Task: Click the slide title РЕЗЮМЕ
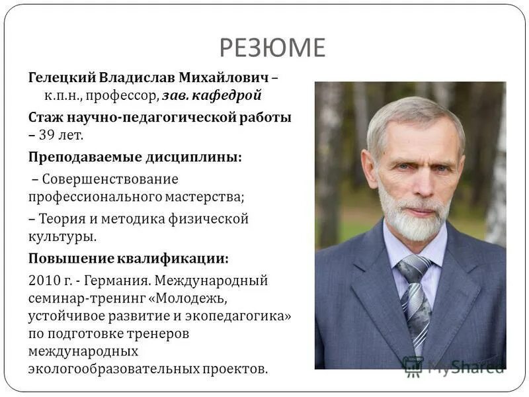[x=273, y=48]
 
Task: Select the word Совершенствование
[x=108, y=179]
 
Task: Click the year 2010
[x=43, y=280]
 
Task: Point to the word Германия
[x=126, y=280]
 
